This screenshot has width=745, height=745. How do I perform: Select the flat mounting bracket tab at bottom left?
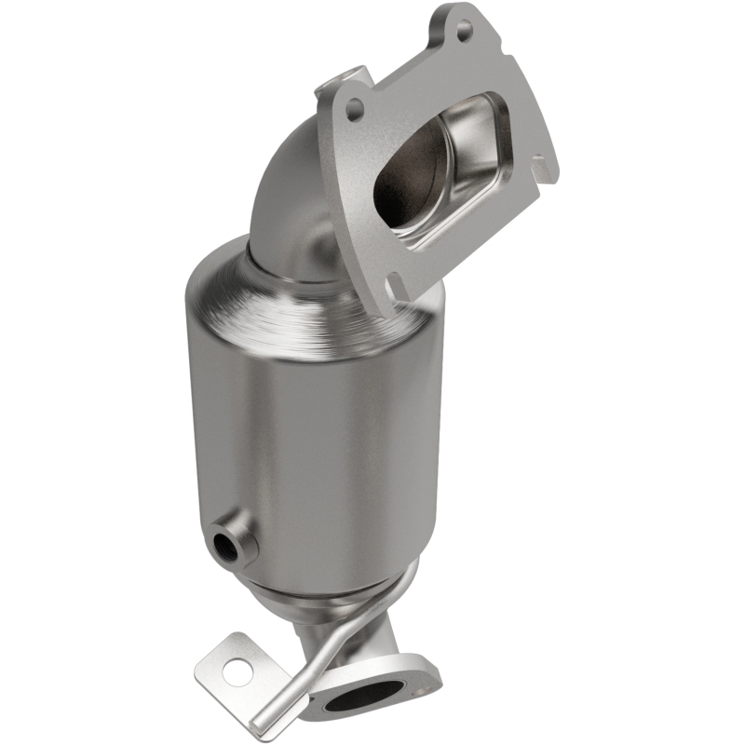(x=233, y=661)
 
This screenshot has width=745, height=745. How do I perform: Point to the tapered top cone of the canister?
(x=279, y=279)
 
